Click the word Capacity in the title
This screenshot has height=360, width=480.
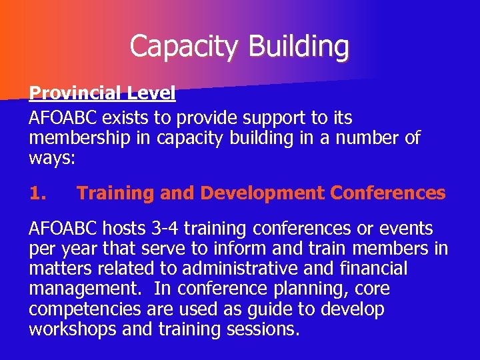(183, 47)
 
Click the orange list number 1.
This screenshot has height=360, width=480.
(38, 194)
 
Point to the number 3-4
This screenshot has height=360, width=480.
(165, 229)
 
